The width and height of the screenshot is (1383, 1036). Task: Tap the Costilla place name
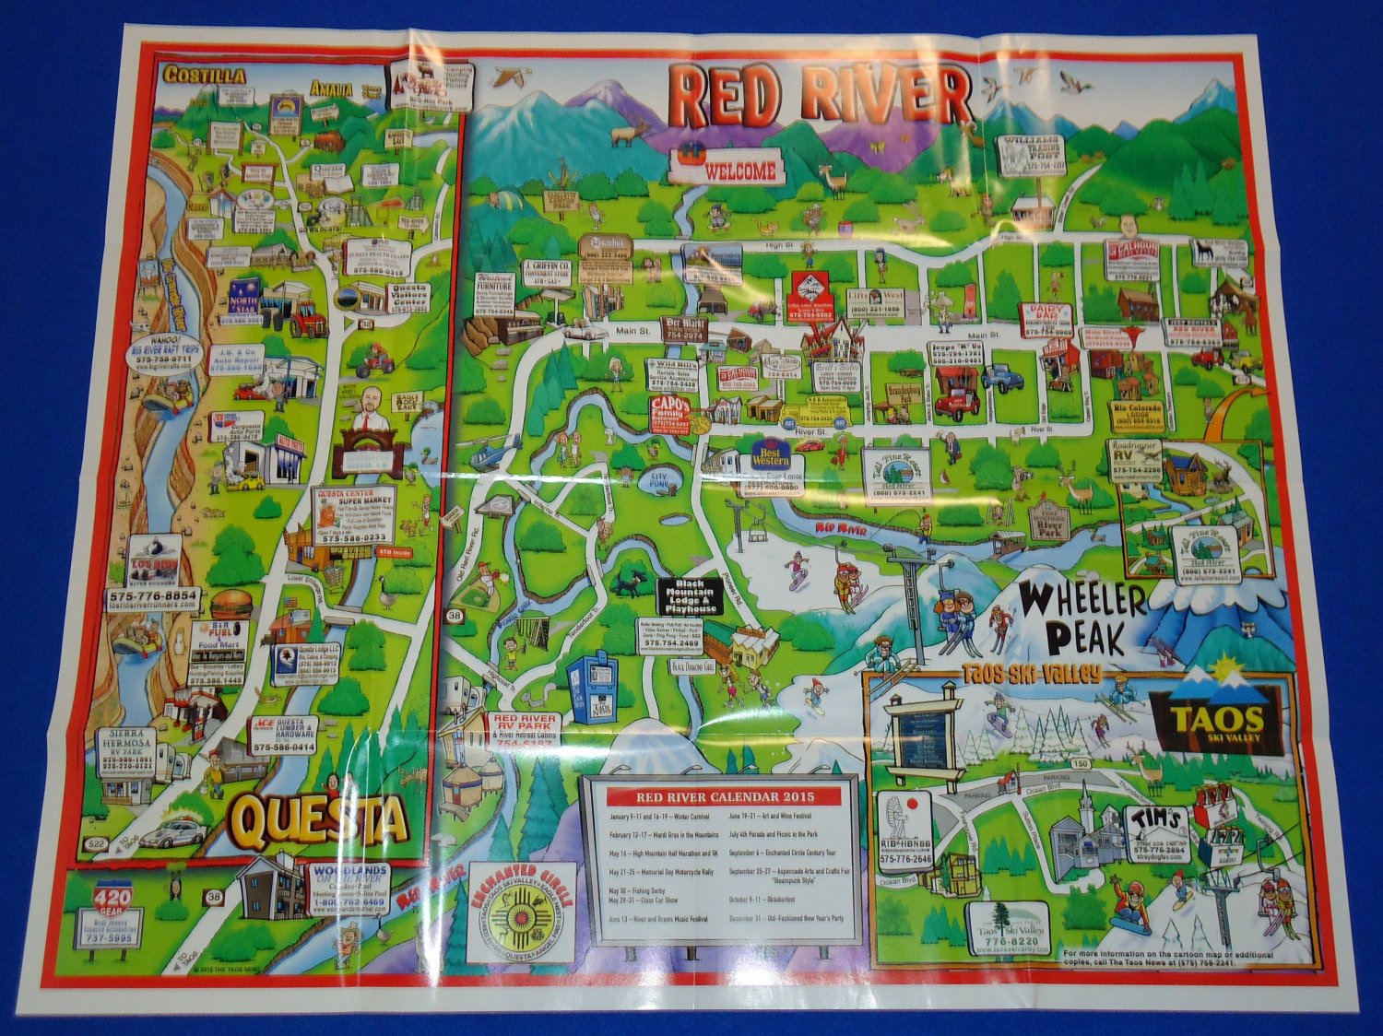[x=204, y=75]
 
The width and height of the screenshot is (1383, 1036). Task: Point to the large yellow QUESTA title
[x=319, y=819]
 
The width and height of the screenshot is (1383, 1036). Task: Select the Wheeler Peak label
[x=1082, y=618]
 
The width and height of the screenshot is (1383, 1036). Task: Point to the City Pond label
[x=658, y=478]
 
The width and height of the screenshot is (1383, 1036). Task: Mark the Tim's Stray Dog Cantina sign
[x=1158, y=826]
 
